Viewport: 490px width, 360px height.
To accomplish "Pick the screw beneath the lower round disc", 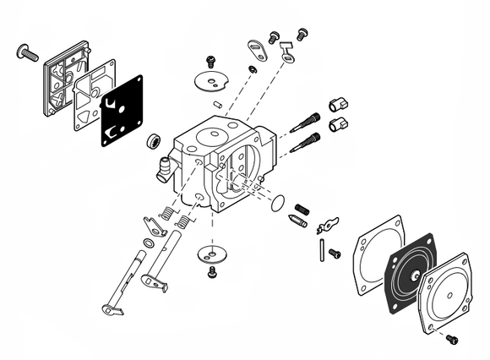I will pos(211,272).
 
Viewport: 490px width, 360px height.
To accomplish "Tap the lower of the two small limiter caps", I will pos(339,124).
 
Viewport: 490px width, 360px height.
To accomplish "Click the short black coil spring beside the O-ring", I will pos(302,209).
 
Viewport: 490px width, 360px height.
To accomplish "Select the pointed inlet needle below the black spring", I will pos(296,222).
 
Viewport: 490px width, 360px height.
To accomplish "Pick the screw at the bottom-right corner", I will pos(450,339).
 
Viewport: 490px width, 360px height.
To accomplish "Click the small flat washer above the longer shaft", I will pos(149,244).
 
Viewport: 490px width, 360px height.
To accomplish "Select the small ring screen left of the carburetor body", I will pos(155,140).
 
